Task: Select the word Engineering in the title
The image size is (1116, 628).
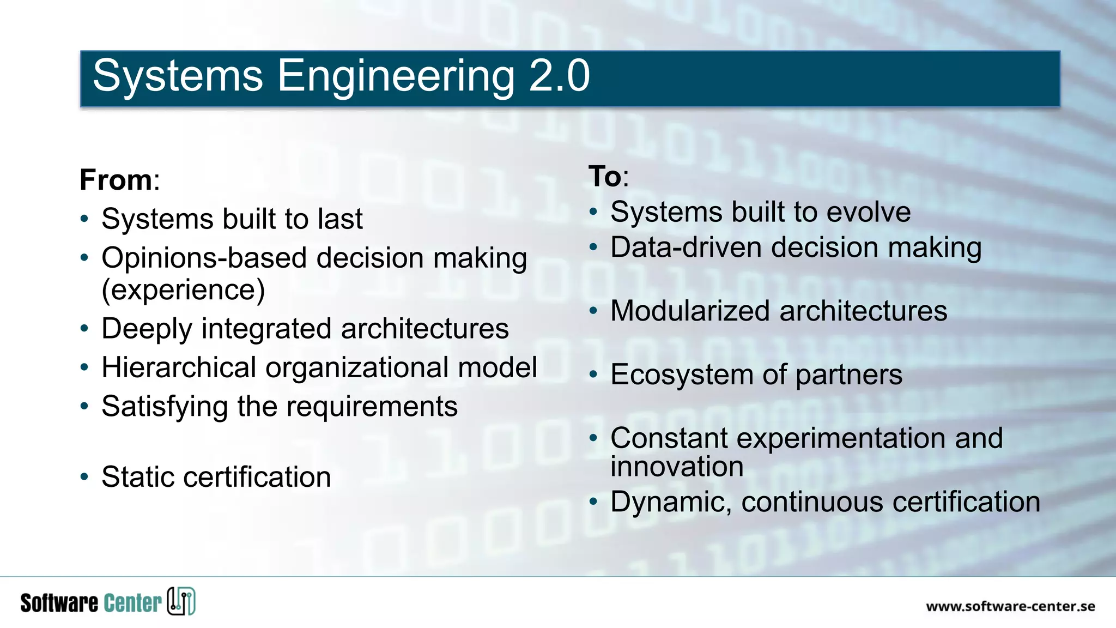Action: point(396,77)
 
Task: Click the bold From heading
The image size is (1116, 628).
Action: point(116,180)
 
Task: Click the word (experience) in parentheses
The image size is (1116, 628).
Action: point(183,290)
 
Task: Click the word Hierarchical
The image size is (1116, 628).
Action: point(179,367)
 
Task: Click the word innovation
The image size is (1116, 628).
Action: point(677,467)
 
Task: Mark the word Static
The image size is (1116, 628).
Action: point(137,477)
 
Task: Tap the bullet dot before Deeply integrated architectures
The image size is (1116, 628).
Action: point(84,329)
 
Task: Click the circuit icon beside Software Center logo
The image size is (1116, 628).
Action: point(181,601)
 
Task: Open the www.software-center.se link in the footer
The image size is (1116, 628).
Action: point(1010,606)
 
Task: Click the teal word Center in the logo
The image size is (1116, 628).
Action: point(132,603)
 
